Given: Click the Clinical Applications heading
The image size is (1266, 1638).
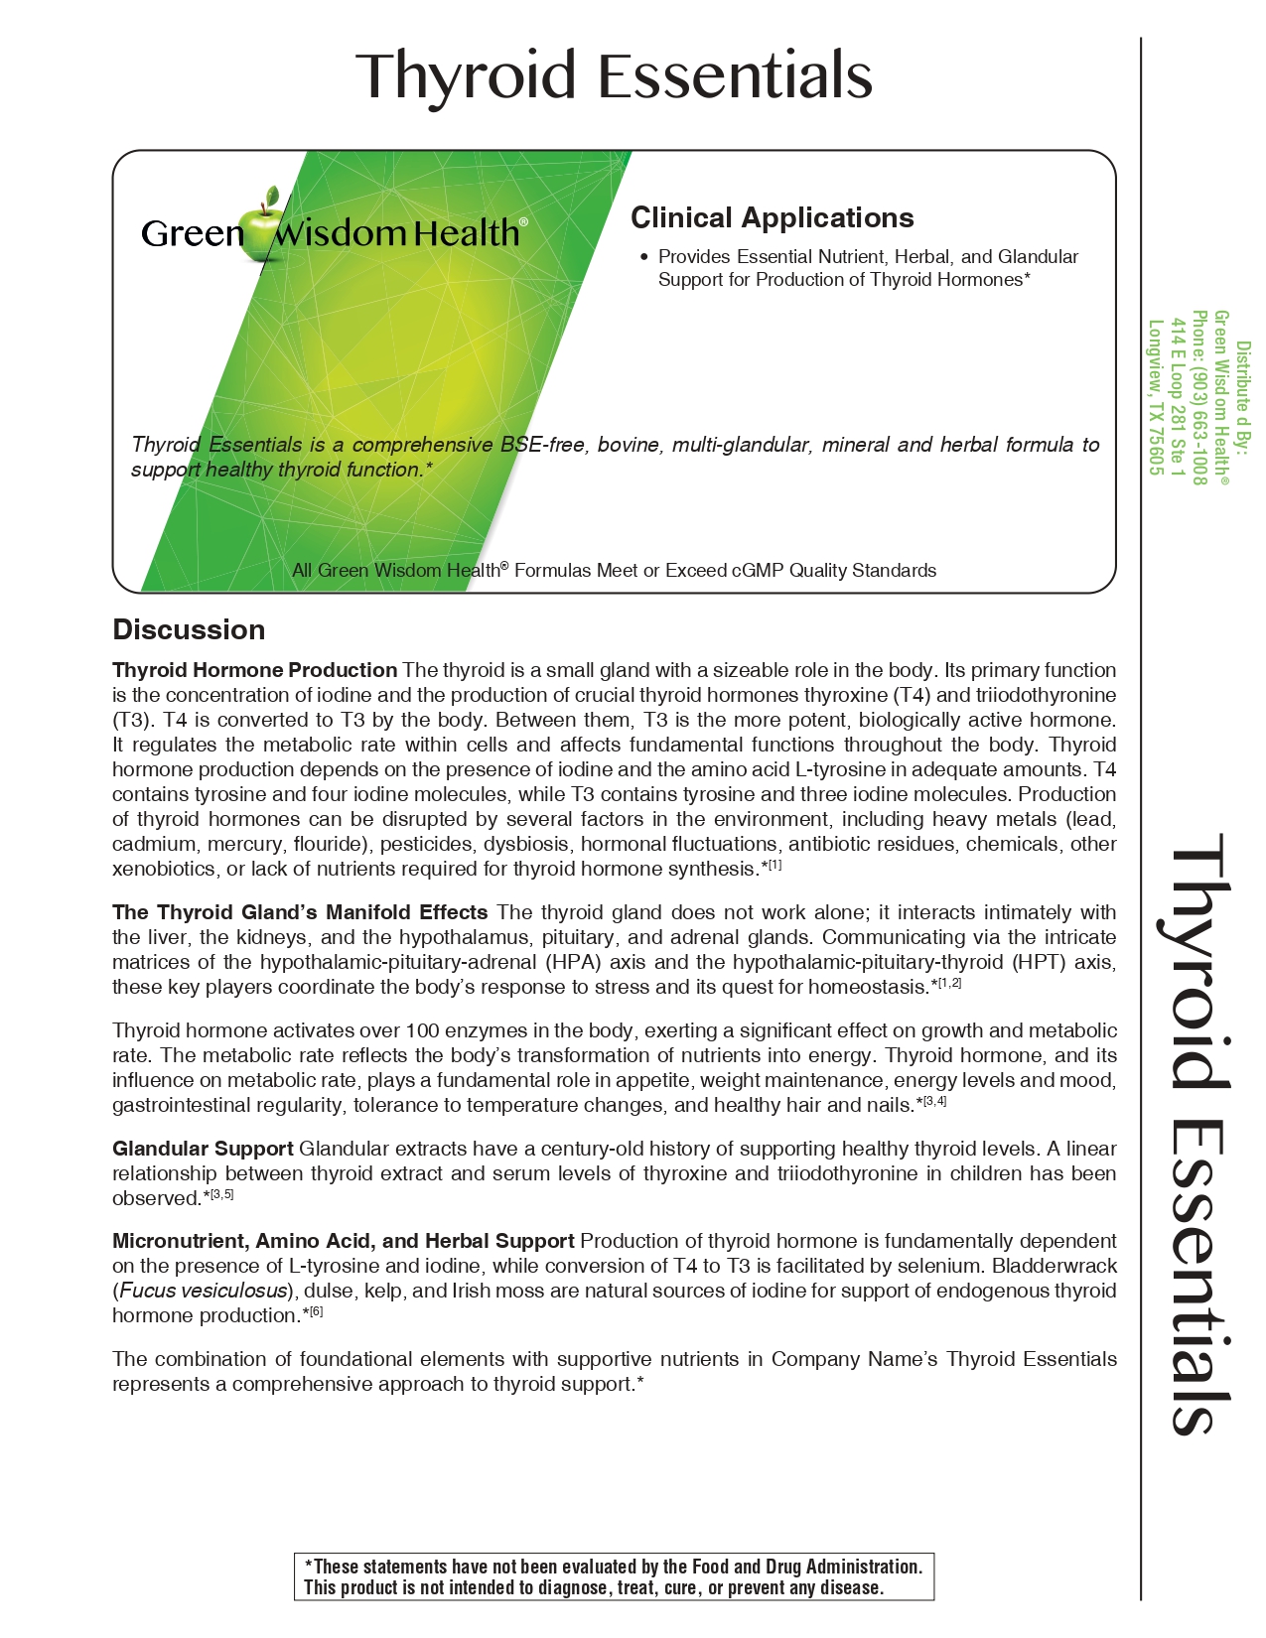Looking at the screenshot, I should click(772, 218).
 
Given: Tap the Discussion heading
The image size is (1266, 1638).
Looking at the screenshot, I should click(189, 629).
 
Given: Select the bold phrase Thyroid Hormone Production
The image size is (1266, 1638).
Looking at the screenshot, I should click(255, 670).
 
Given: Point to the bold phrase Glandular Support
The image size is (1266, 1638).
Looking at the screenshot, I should click(203, 1149).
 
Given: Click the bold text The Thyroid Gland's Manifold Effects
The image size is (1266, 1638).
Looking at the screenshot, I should click(300, 912).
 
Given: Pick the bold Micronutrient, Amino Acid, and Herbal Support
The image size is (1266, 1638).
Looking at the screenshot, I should click(344, 1241).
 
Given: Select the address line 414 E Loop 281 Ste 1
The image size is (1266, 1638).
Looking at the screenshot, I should click(1178, 397).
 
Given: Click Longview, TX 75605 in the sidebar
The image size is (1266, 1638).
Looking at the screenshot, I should click(1155, 397).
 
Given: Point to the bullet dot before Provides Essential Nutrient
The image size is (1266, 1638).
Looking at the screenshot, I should click(643, 257).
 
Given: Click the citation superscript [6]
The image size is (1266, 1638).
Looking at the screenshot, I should click(316, 1312).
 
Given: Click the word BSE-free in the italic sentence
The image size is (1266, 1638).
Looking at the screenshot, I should click(542, 445).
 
